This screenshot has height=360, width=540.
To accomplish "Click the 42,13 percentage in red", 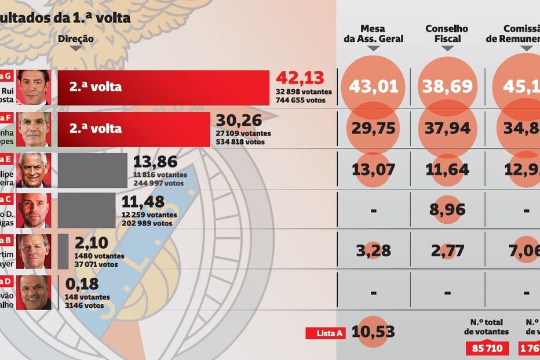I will coord(300,78).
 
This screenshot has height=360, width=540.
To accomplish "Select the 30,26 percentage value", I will coord(239,121).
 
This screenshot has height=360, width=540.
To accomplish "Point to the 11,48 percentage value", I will coord(143,202).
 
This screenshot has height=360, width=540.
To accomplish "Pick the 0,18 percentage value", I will coord(82,284).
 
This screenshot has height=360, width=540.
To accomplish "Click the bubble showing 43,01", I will coord(373,87).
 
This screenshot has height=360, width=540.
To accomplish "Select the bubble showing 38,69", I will coord(447,87).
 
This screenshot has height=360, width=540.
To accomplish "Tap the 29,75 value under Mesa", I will coord(373,128).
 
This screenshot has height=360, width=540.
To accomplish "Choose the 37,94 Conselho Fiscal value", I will coord(447,128).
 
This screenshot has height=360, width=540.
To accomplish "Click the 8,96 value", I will coord(447,209).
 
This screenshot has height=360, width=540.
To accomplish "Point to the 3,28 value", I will coord(373,250).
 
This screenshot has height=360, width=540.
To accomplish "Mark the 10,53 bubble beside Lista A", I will coord(373,332).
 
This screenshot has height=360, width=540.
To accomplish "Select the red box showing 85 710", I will coord(487,349).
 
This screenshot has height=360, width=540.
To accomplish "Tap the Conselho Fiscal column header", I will coord(447,34).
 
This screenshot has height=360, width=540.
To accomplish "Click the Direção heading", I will coord(76,39).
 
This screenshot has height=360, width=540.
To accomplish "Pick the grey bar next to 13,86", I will coord(93,170).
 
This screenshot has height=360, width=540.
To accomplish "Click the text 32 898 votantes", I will coord(304,92).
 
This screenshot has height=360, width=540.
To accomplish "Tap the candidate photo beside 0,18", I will coord(34,293).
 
